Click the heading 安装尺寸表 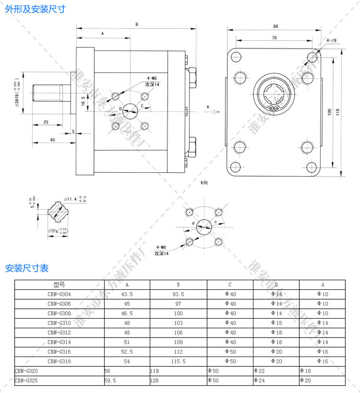click(x=27, y=268)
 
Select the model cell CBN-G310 click(x=59, y=322)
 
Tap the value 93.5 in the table click(x=179, y=294)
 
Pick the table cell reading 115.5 click(x=179, y=361)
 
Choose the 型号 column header click(x=59, y=285)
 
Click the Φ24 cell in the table click(x=259, y=380)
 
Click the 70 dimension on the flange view click(x=274, y=37)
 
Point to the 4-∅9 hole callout click(x=331, y=40)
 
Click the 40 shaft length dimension click(x=52, y=140)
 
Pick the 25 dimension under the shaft click(x=45, y=122)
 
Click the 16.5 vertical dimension click(x=83, y=101)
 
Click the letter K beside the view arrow click(x=207, y=107)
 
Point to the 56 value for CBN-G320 click(x=108, y=371)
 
